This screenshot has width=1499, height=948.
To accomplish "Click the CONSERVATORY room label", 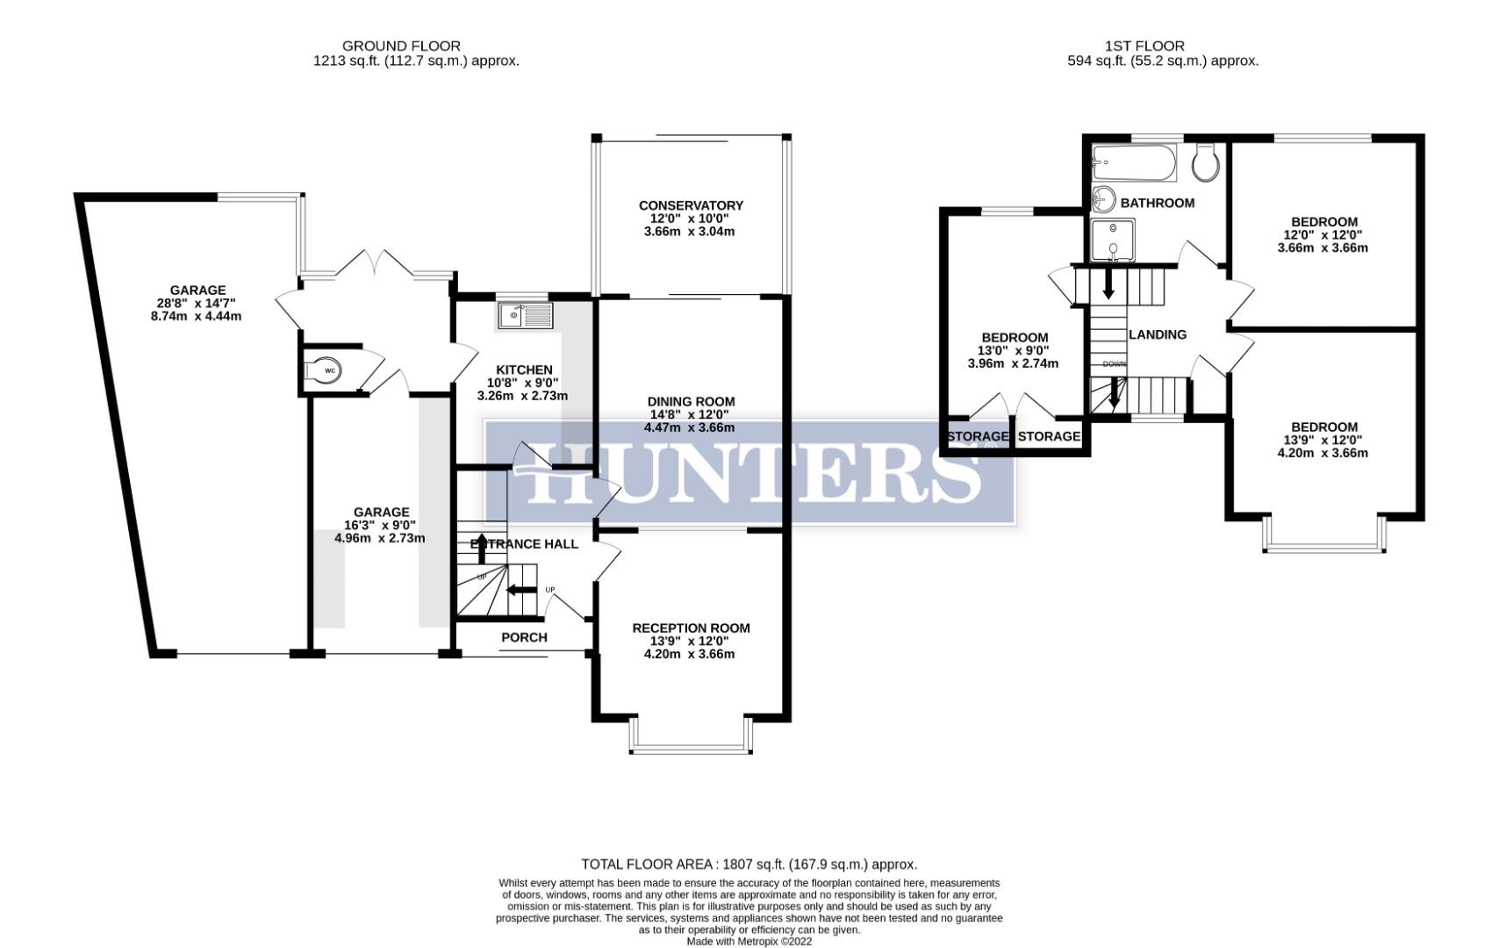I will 691,205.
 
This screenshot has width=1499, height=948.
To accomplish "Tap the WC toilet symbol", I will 326,371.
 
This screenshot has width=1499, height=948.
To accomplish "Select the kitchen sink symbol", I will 525,315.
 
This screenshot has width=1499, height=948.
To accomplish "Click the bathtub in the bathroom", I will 1133,163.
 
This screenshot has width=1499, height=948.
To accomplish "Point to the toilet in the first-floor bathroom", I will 1206,162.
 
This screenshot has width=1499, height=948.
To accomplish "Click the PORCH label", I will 524,637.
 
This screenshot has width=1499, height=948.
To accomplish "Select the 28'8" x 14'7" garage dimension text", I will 197,303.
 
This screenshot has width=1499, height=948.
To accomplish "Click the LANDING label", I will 1157,334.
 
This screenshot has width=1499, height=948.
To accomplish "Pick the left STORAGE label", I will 977,436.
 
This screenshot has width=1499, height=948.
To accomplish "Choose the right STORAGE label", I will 1049,436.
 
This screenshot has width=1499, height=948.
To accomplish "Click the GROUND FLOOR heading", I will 401,46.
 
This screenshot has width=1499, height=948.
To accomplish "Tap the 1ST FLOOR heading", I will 1144,46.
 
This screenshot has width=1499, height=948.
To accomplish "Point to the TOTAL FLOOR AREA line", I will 749,865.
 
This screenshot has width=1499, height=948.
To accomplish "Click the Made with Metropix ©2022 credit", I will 749,941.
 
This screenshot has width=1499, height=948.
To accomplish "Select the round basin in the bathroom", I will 1104,199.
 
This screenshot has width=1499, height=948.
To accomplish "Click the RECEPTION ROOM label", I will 691,628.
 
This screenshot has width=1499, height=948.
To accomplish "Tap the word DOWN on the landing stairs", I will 1114,363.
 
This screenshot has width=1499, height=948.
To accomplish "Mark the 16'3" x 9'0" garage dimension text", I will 381,525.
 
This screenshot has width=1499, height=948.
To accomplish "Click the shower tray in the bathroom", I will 1113,241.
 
